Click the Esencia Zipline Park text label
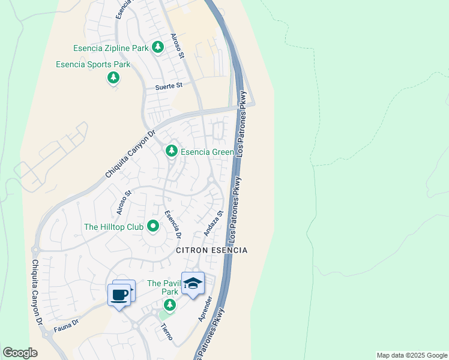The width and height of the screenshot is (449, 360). (x=110, y=47)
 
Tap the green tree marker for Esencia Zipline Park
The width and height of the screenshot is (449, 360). (x=157, y=46)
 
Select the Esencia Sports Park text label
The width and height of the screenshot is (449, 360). (x=93, y=64)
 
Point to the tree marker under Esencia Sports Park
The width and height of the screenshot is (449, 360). (x=113, y=77)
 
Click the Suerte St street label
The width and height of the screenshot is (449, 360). (x=169, y=86)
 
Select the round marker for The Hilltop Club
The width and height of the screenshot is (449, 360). (x=153, y=227)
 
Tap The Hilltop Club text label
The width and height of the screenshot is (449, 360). (x=113, y=227)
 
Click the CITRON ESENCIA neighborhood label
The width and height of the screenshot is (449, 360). (x=211, y=250)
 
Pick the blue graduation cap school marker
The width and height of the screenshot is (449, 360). (x=193, y=284)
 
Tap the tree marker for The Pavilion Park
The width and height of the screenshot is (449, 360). (x=170, y=305)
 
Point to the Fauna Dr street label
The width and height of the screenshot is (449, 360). (x=65, y=325)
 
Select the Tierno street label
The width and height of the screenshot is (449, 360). (x=167, y=332)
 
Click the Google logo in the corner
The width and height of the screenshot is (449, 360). (x=20, y=353)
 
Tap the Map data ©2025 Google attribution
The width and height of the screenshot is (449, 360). (x=412, y=355)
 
